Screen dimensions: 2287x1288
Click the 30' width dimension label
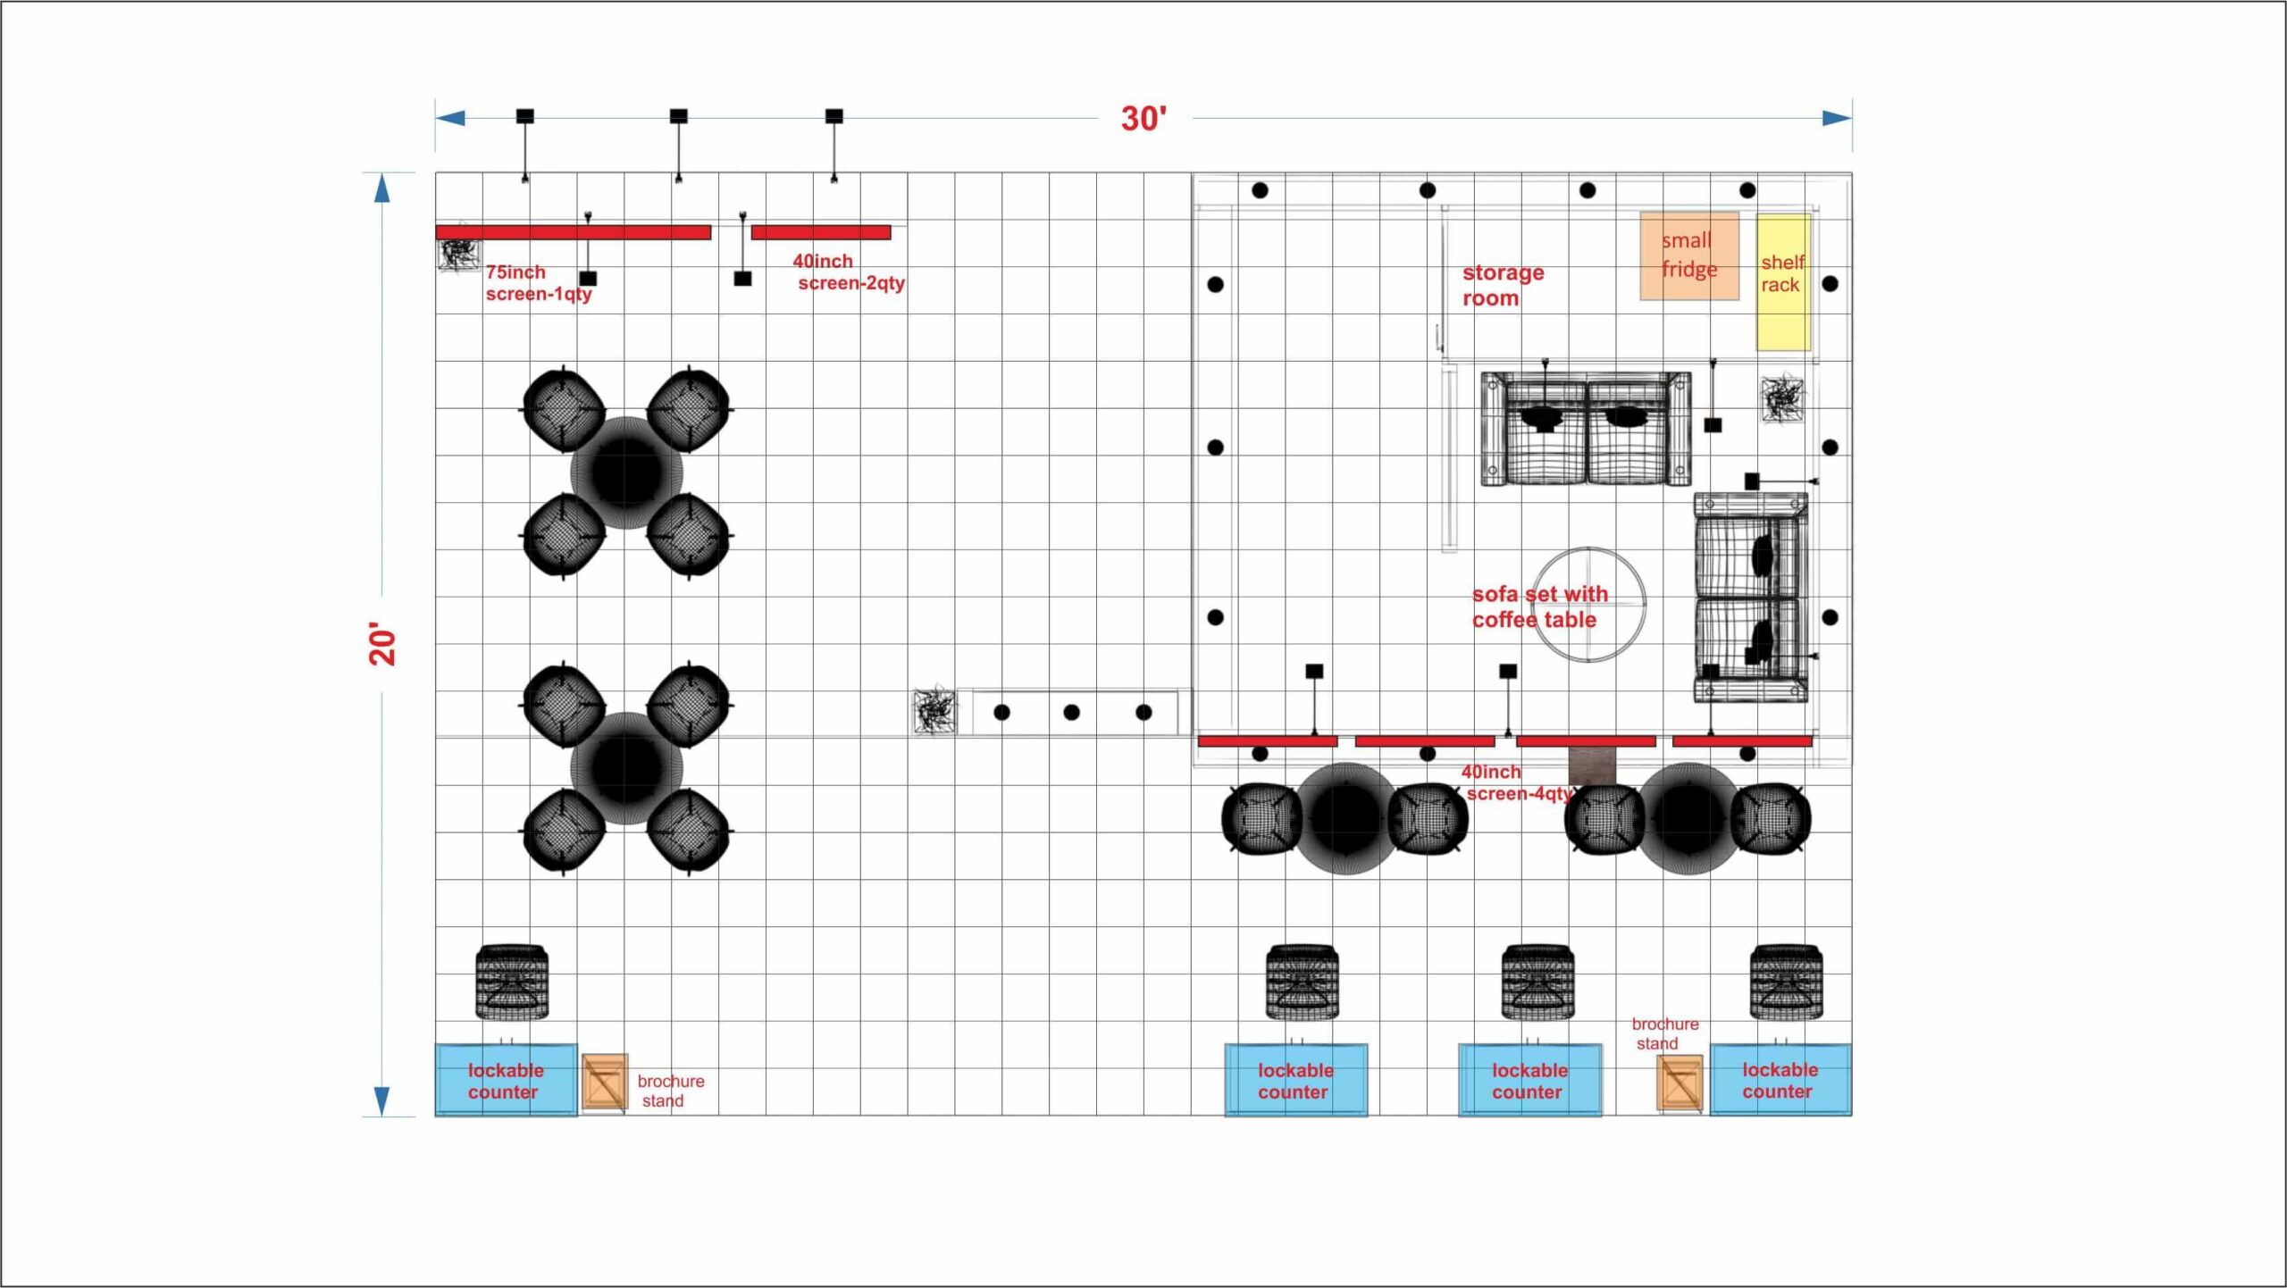click(x=1143, y=119)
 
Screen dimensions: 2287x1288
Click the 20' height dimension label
click(x=382, y=643)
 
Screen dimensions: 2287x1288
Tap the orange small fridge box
click(x=1689, y=255)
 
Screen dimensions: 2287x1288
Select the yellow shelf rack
click(x=1783, y=282)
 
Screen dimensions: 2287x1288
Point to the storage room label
click(x=1503, y=285)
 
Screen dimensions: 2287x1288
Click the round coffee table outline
click(x=1590, y=548)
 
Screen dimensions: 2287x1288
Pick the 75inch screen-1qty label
click(x=539, y=283)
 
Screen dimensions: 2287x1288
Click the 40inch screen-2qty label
click(x=849, y=272)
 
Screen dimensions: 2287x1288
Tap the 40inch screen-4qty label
click(x=1516, y=782)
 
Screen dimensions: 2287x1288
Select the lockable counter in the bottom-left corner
click(x=506, y=1081)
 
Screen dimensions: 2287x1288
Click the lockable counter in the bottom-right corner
click(x=1780, y=1080)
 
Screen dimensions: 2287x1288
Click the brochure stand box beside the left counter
click(x=605, y=1083)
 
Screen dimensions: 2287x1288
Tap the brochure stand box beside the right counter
click(x=1680, y=1083)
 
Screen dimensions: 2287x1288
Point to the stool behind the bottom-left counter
click(x=512, y=982)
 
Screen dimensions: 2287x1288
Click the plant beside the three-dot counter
click(x=934, y=712)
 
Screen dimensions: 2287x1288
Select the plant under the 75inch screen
click(x=458, y=253)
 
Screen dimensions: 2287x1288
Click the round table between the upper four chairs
click(x=626, y=472)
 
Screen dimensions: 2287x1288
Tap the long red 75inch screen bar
click(x=574, y=232)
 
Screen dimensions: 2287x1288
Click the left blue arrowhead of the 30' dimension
click(x=450, y=118)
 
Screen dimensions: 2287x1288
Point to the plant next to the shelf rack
click(x=1782, y=399)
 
